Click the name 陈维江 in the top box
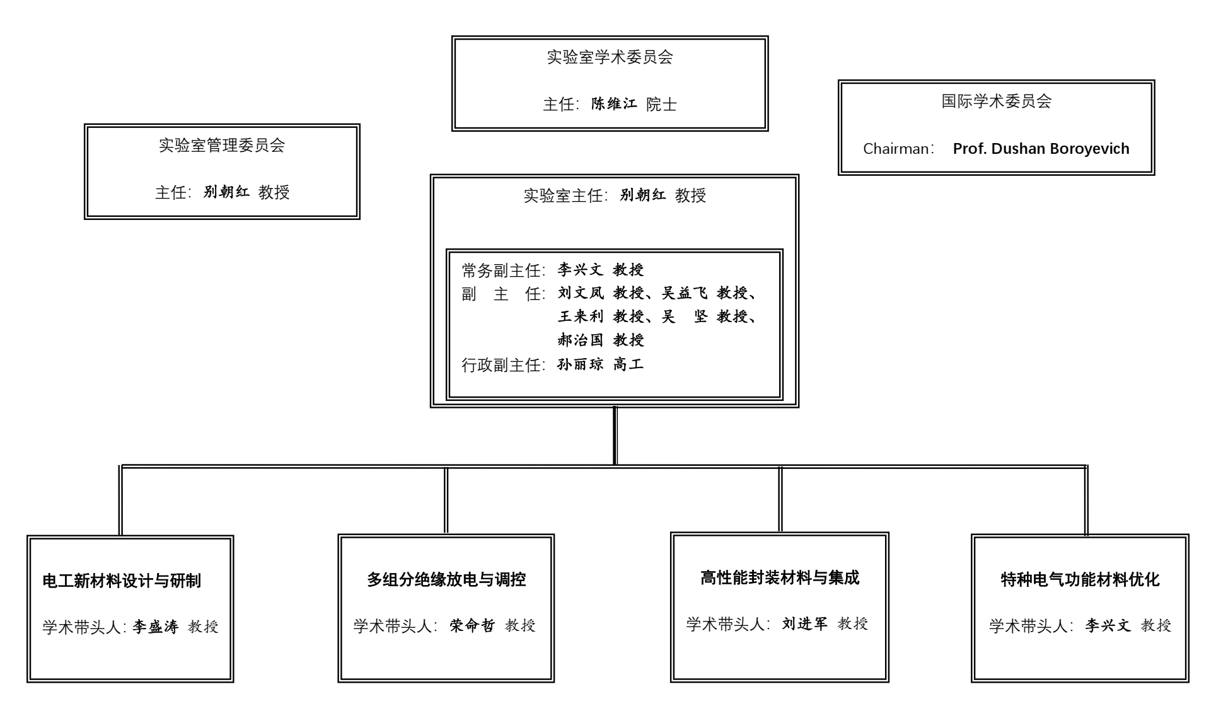coord(614,104)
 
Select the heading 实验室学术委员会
coord(610,57)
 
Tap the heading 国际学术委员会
coord(996,101)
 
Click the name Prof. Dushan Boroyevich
coord(1041,149)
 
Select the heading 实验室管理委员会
coord(222,146)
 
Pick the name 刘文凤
coord(581,293)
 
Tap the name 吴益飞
coord(684,293)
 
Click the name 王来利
coord(581,316)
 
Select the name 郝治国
coord(581,340)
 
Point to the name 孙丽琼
coord(581,364)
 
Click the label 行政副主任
coord(502,365)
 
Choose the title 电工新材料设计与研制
coord(122,581)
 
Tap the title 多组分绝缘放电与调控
coord(446,579)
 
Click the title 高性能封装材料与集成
coord(780,577)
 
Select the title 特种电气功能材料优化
coord(1080,579)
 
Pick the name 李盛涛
coord(156,627)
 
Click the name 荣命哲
coord(472,625)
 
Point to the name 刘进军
coord(805,623)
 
